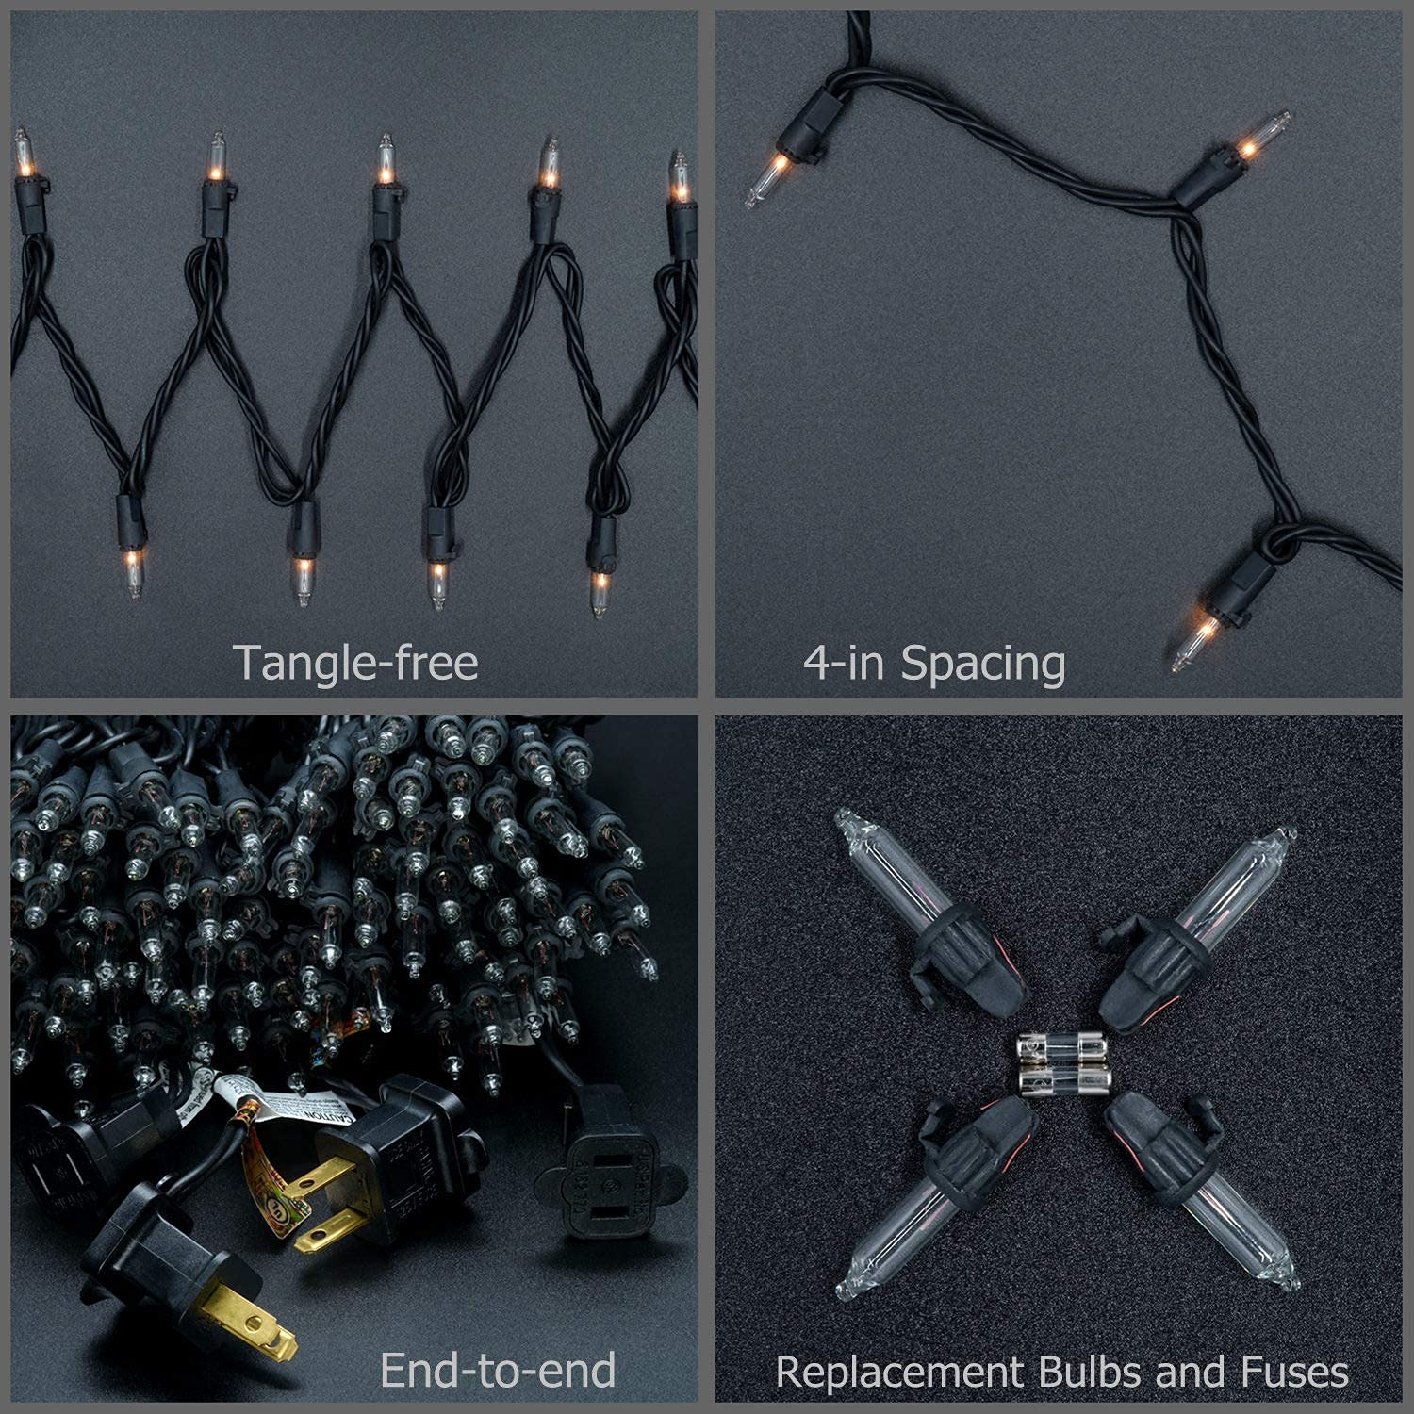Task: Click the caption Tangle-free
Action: coord(355,663)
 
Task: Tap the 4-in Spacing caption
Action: coord(933,663)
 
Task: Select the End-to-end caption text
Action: coord(497,1370)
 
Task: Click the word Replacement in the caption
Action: coord(899,1372)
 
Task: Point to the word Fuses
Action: coord(1295,1372)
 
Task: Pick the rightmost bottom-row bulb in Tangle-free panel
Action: coord(600,589)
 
